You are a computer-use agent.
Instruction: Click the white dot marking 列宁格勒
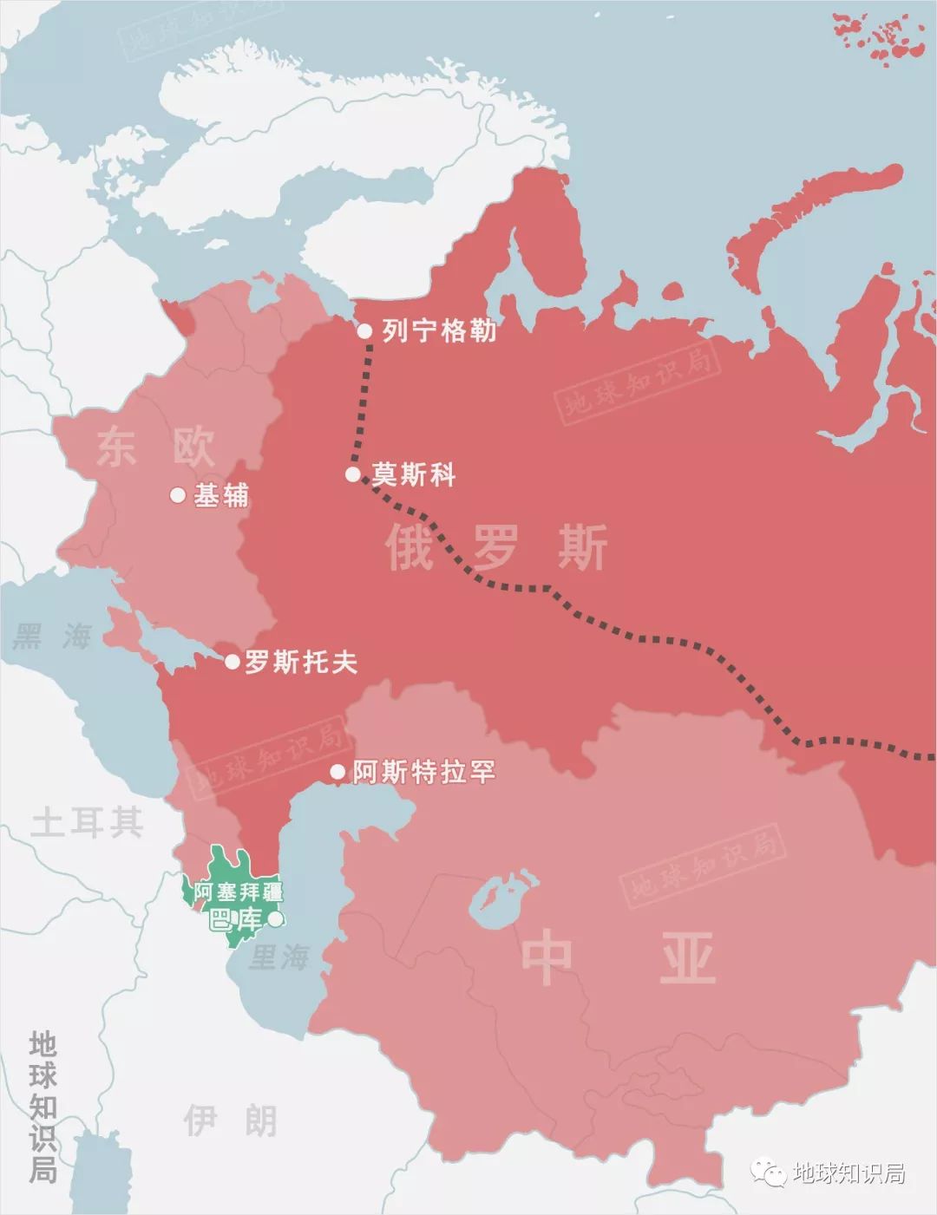(x=365, y=330)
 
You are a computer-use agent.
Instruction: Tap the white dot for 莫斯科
(x=353, y=474)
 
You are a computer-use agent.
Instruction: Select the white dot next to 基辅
(x=178, y=495)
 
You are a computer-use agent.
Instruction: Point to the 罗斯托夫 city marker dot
(x=233, y=662)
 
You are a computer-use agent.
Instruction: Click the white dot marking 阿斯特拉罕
(x=337, y=771)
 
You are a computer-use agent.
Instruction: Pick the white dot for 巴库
(x=275, y=919)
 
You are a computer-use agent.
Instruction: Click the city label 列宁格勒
(x=439, y=330)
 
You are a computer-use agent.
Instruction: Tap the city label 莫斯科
(x=414, y=474)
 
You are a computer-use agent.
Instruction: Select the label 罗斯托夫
(x=300, y=663)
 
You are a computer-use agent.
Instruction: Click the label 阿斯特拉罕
(x=423, y=771)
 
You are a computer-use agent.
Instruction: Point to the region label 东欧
(x=156, y=447)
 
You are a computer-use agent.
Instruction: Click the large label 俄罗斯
(x=496, y=547)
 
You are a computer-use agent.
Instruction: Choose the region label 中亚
(x=618, y=958)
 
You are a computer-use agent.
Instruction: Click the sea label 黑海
(x=52, y=637)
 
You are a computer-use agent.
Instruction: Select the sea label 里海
(x=278, y=957)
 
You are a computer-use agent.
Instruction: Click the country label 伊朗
(x=230, y=1121)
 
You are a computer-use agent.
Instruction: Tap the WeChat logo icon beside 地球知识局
(x=769, y=1173)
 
